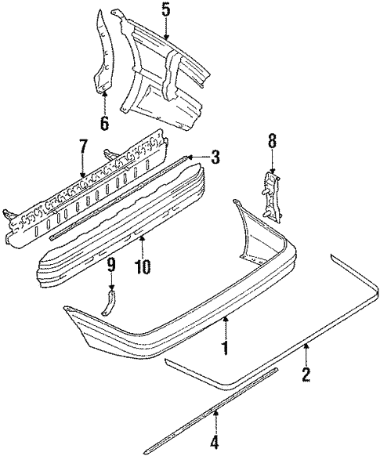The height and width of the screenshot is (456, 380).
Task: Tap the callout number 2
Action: tap(306, 375)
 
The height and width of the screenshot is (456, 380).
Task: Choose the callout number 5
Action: tap(165, 10)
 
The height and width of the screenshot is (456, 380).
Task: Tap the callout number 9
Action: tap(111, 263)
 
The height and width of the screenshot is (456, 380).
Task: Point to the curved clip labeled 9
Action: tap(110, 301)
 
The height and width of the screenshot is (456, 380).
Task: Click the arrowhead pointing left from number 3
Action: tap(188, 157)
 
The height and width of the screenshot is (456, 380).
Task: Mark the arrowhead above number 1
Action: tap(226, 317)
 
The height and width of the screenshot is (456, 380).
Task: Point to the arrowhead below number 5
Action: tap(165, 38)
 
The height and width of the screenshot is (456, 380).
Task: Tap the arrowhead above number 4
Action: tap(215, 416)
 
